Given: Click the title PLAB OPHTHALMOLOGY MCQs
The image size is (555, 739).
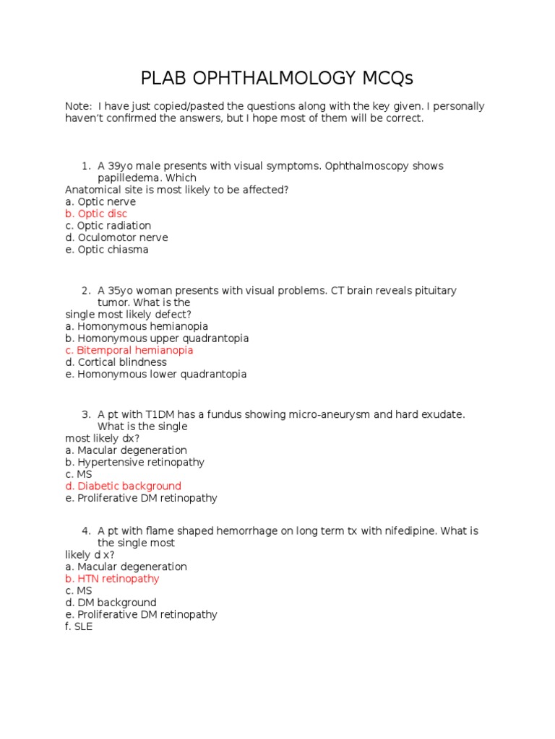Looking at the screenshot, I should pyautogui.click(x=277, y=77).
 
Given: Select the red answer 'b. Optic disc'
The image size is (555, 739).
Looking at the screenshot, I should pyautogui.click(x=96, y=214).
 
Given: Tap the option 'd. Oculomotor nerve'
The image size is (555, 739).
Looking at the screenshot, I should pyautogui.click(x=116, y=237).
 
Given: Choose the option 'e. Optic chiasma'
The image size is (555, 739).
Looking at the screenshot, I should pyautogui.click(x=106, y=250).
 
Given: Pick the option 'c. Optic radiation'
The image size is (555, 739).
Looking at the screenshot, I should pyautogui.click(x=108, y=226).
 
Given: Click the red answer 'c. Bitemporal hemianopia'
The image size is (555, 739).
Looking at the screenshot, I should pyautogui.click(x=129, y=350).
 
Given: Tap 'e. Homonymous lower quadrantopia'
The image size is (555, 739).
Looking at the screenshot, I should pyautogui.click(x=155, y=375).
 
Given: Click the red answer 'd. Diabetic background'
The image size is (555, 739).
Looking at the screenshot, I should pyautogui.click(x=123, y=486).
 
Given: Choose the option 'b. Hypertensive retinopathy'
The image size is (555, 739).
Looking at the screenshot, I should pyautogui.click(x=134, y=463).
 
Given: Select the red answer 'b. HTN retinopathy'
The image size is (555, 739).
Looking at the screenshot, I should pyautogui.click(x=112, y=579).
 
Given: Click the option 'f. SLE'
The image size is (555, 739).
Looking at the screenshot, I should pyautogui.click(x=79, y=626).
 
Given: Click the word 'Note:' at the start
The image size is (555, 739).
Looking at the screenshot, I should pyautogui.click(x=78, y=106).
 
